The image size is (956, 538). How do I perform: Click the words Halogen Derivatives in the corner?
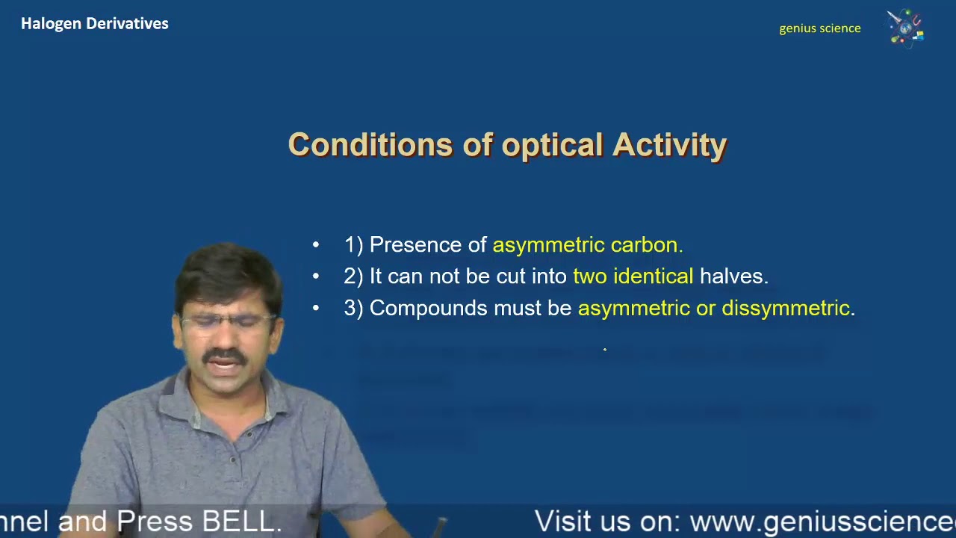[x=94, y=24]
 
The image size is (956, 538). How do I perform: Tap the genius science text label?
[x=819, y=28]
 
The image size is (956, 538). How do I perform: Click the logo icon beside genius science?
[x=905, y=28]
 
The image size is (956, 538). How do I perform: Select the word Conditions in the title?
[x=370, y=145]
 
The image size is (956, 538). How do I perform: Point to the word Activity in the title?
[x=669, y=145]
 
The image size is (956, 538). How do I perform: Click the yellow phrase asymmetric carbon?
[x=587, y=245]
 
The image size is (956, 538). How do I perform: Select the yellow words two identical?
[x=633, y=276]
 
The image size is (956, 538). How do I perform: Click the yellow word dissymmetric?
[x=786, y=308]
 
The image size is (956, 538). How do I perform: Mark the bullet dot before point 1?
[x=316, y=245]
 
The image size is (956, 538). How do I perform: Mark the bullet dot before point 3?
[x=316, y=308]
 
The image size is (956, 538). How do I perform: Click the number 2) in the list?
[x=353, y=276]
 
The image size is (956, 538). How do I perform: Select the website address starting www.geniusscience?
[x=822, y=522]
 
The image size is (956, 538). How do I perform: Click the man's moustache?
[x=225, y=356]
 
